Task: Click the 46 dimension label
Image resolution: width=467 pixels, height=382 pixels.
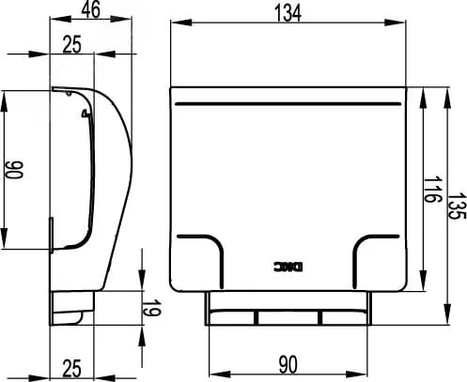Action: (91, 9)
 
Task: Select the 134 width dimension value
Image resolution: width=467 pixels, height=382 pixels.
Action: (288, 13)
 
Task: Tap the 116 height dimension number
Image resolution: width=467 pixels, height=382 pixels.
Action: (433, 190)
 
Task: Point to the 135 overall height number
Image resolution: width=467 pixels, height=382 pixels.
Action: (458, 206)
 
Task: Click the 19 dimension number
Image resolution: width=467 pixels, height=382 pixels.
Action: (153, 308)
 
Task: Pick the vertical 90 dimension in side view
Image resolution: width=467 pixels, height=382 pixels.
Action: (14, 170)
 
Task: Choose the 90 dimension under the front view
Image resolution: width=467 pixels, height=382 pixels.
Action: (288, 365)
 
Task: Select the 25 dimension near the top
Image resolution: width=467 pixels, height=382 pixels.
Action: (71, 44)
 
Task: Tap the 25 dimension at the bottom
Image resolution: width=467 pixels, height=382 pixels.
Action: (71, 368)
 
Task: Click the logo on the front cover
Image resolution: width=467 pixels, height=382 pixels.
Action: (288, 267)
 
